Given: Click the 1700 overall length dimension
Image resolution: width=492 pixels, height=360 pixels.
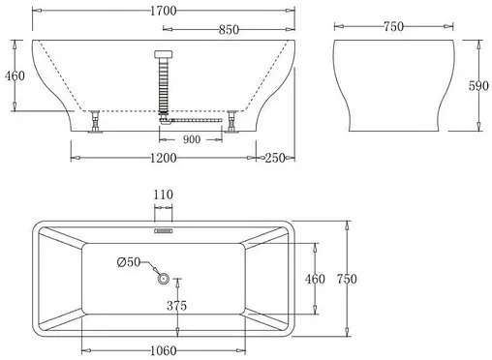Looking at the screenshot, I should click(162, 13).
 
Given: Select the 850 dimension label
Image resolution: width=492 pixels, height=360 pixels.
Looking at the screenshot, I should click(230, 30).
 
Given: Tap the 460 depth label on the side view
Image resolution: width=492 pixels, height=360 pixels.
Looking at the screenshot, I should click(14, 75).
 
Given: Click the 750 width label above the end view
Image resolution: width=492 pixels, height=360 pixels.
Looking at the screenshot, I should click(393, 27).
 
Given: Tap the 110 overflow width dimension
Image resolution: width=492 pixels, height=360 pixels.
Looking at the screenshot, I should click(163, 195).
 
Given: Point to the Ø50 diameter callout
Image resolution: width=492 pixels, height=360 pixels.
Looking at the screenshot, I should click(129, 262).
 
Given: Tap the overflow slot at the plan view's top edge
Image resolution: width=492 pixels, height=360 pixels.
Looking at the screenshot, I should click(163, 230).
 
